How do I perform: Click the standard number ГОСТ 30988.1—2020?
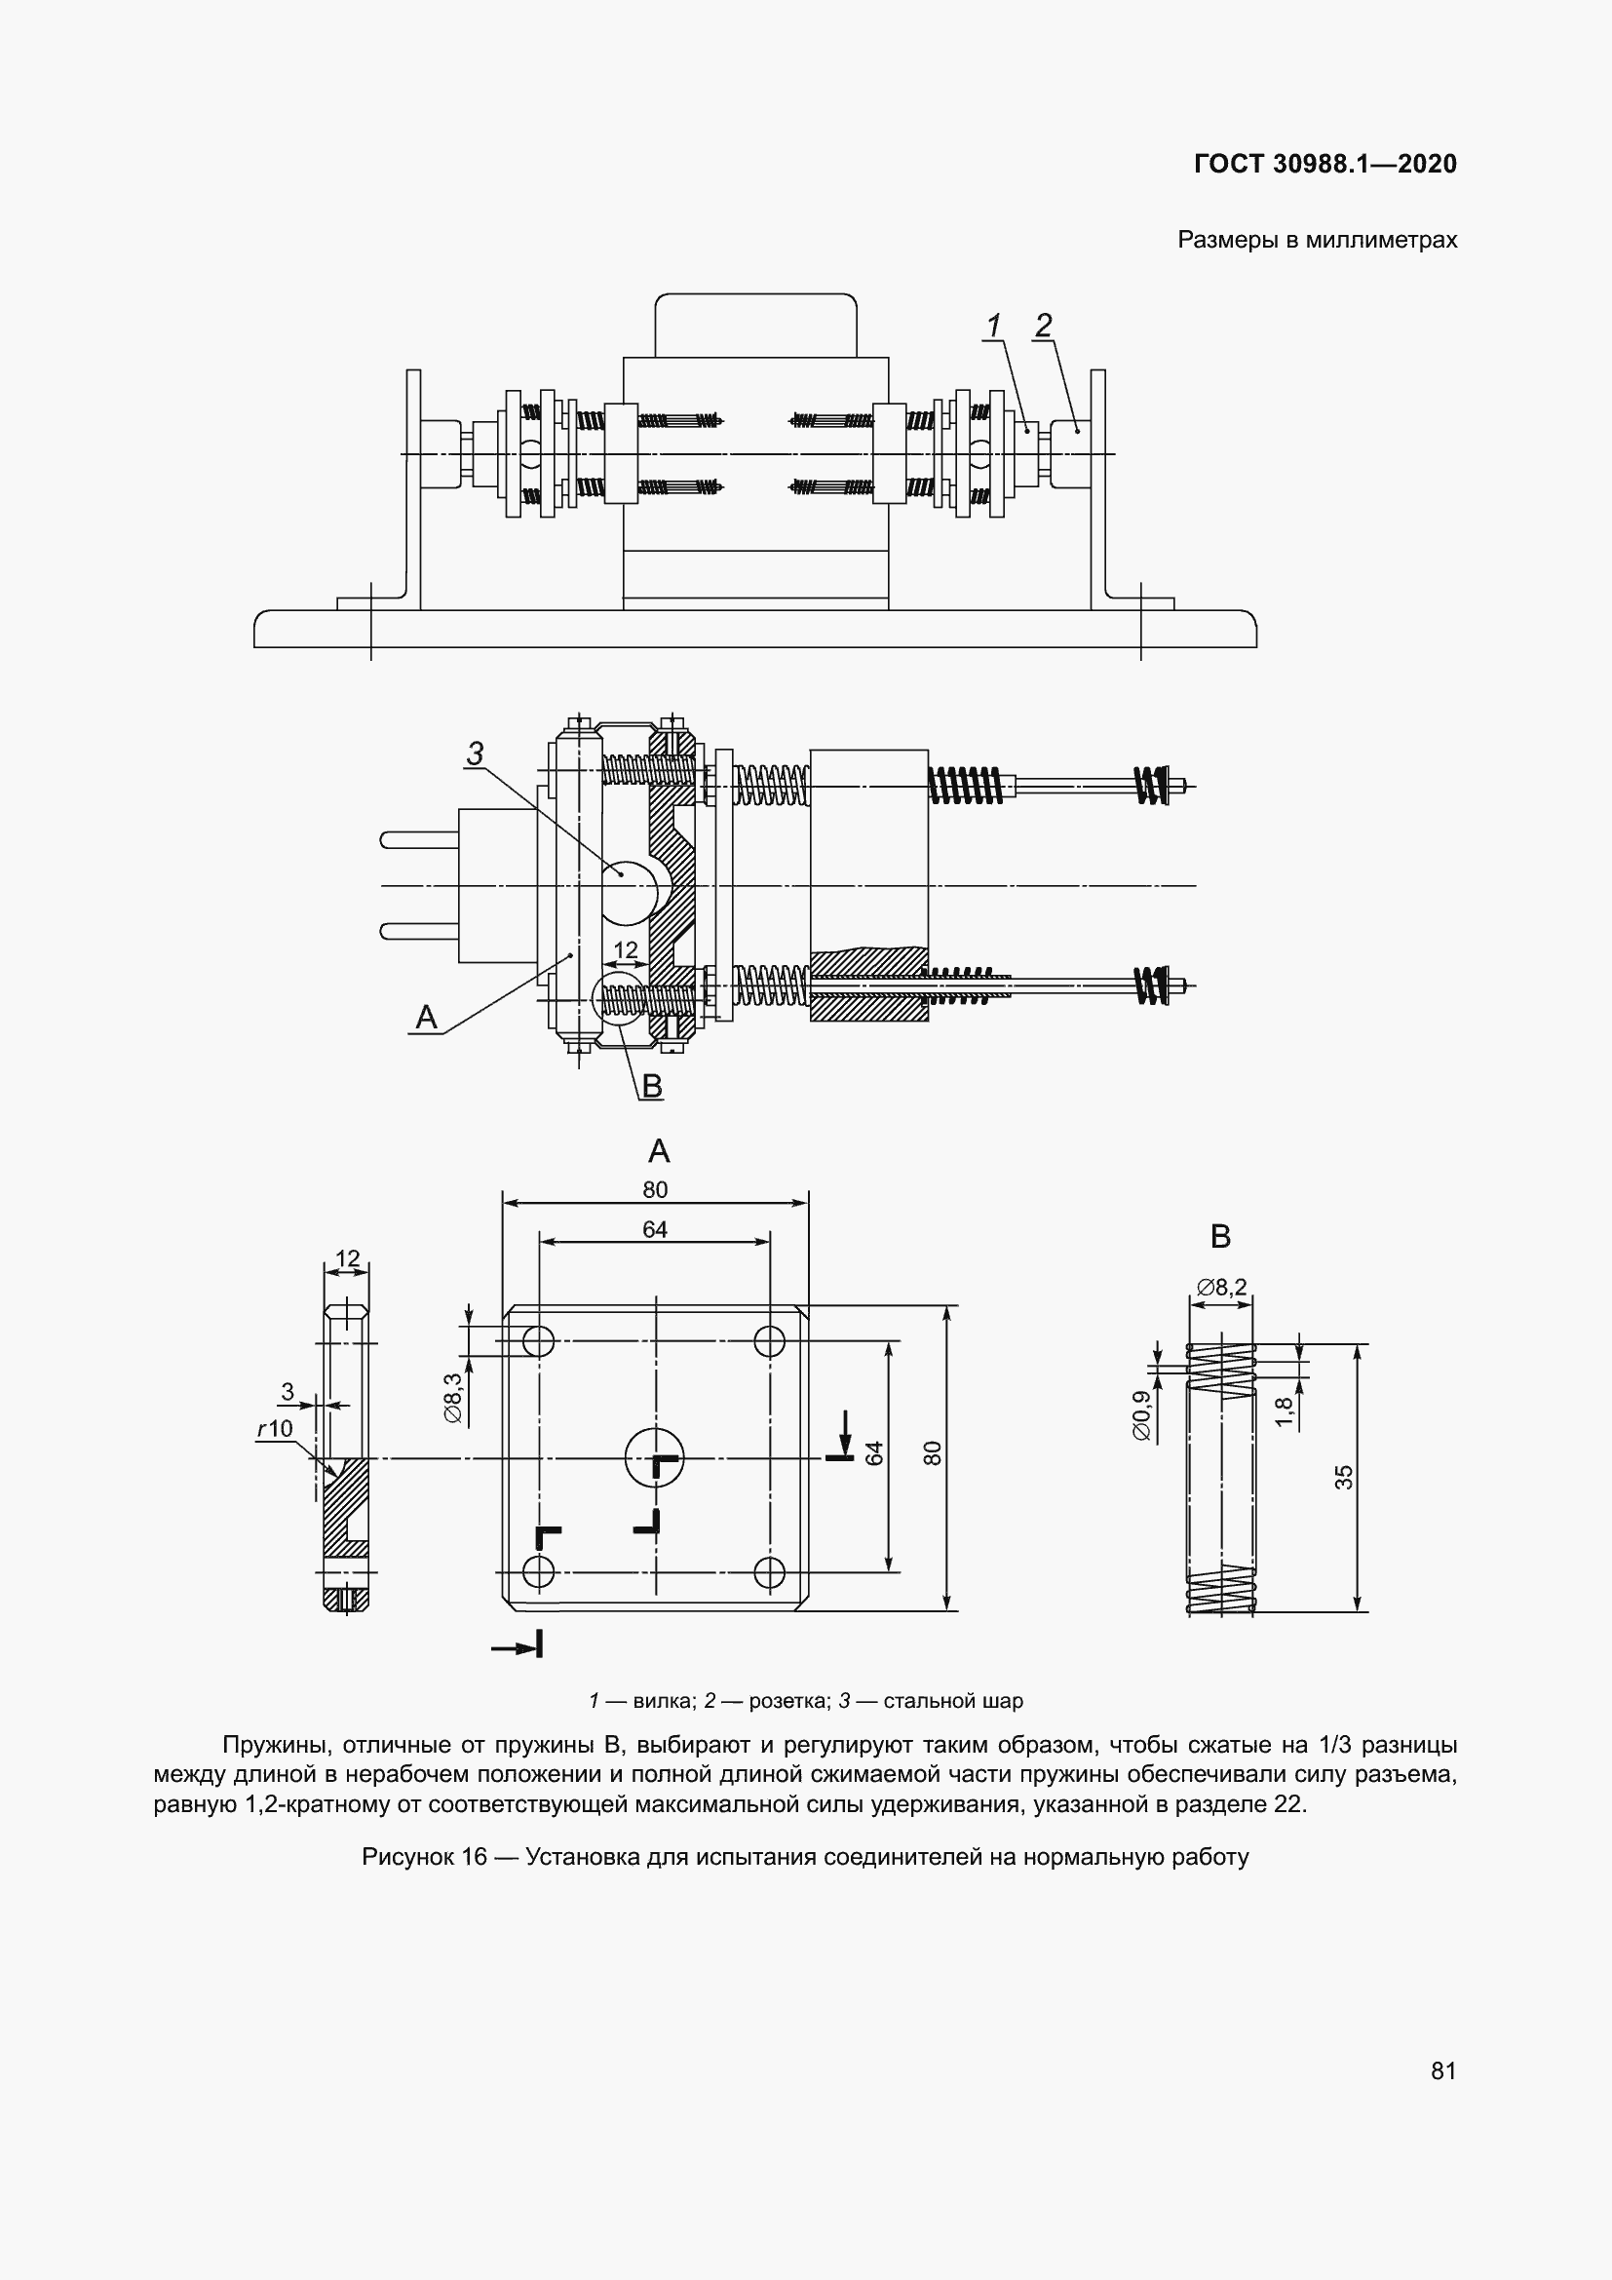pos(1325,164)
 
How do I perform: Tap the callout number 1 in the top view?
pos(993,325)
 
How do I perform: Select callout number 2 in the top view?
pos(1043,325)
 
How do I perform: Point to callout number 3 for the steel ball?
pos(476,754)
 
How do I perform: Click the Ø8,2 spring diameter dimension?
pos(1221,1287)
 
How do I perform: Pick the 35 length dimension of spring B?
pos(1344,1478)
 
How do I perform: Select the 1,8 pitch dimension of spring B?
pos(1284,1411)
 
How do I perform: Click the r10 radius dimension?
pos(275,1428)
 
